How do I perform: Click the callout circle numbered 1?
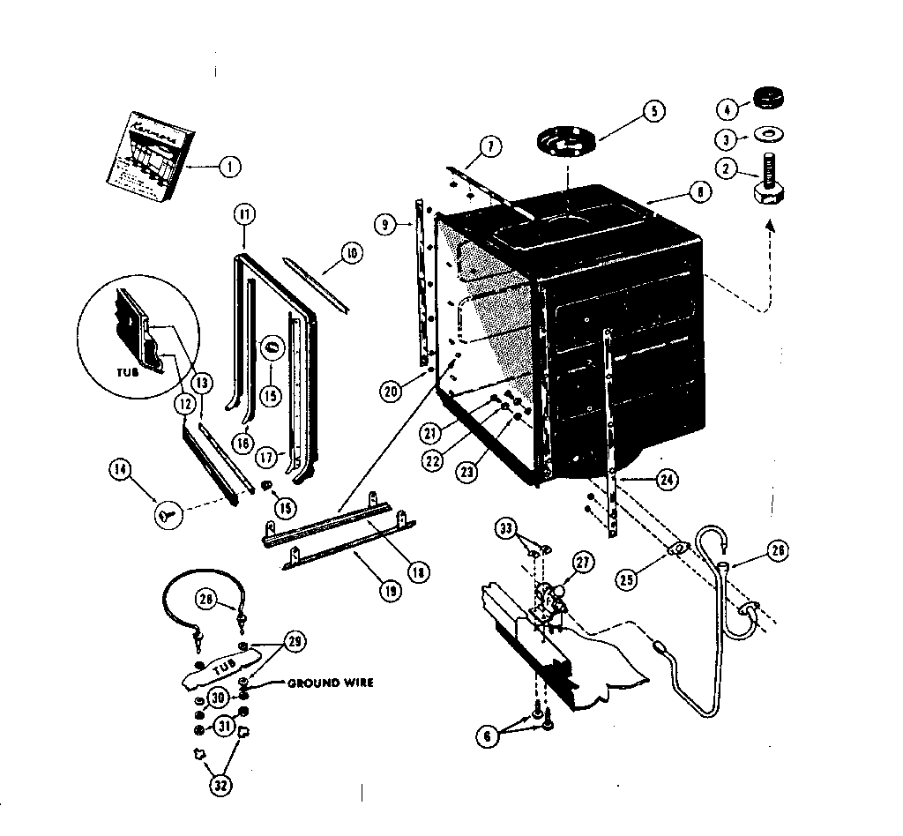[228, 165]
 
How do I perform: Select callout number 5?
[653, 112]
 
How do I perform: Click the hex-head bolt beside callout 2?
[770, 180]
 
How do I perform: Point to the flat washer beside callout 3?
[770, 135]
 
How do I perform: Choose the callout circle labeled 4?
[727, 110]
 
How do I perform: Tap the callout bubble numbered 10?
[350, 255]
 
